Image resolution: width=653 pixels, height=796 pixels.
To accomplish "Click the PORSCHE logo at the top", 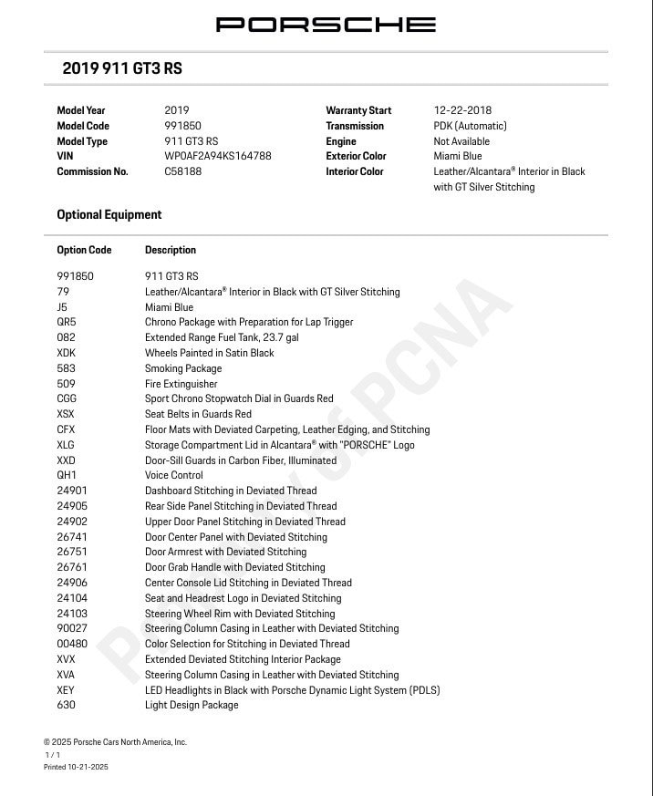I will pyautogui.click(x=326, y=25).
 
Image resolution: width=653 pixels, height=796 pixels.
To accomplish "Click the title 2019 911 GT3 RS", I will pyautogui.click(x=122, y=68).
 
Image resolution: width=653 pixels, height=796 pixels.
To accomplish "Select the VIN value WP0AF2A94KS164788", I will pyautogui.click(x=217, y=156).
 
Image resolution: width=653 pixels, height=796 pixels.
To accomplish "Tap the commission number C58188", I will pyautogui.click(x=183, y=171).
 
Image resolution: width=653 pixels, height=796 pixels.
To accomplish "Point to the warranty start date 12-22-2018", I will pyautogui.click(x=462, y=110).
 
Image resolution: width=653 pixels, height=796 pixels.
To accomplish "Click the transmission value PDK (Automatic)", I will pyautogui.click(x=470, y=126).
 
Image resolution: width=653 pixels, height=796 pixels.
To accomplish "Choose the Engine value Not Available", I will pyautogui.click(x=461, y=141).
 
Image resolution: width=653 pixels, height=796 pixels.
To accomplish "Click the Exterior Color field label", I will pyautogui.click(x=356, y=156).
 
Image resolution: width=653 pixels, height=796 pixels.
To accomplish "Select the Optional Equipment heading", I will pyautogui.click(x=109, y=215).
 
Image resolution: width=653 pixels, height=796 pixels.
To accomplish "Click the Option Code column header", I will pyautogui.click(x=84, y=250).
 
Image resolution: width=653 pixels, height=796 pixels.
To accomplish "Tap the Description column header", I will pyautogui.click(x=171, y=250).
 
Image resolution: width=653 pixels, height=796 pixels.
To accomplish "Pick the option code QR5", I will pyautogui.click(x=67, y=322).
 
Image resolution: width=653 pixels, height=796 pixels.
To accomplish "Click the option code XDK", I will pyautogui.click(x=67, y=353).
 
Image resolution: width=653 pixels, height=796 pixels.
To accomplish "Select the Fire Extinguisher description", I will pyautogui.click(x=181, y=384).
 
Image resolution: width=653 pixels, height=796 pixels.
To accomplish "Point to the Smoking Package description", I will pyautogui.click(x=183, y=368).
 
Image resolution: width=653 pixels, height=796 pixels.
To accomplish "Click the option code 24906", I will pyautogui.click(x=72, y=583).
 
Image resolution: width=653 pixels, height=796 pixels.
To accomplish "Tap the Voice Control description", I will pyautogui.click(x=174, y=475).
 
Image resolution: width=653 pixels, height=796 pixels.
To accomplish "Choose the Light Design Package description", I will pyautogui.click(x=192, y=705).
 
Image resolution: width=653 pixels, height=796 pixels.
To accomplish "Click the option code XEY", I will pyautogui.click(x=66, y=690).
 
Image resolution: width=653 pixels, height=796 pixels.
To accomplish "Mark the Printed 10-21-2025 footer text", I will pyautogui.click(x=76, y=768).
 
